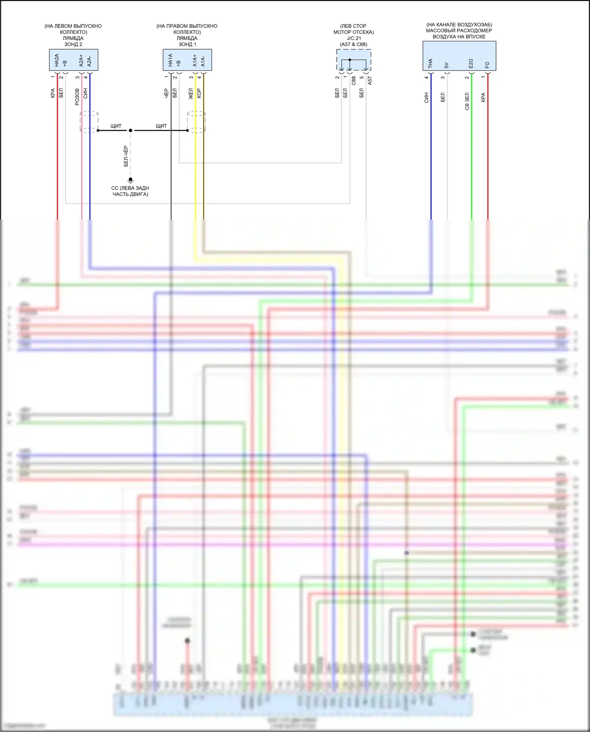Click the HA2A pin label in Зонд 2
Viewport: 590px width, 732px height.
[x=57, y=60]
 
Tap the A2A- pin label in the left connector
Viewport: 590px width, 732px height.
[x=90, y=61]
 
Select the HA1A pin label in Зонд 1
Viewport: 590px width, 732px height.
[x=171, y=60]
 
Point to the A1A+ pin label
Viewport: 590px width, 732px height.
[x=195, y=61]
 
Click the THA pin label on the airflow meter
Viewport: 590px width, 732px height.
[x=431, y=63]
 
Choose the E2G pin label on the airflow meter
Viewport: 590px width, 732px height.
[x=471, y=63]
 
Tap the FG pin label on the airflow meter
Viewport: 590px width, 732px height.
[x=487, y=65]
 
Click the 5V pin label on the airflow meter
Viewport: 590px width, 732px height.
[x=447, y=65]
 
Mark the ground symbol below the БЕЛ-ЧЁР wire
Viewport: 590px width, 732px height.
[x=131, y=180]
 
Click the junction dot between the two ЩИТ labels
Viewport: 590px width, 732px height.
[x=131, y=130]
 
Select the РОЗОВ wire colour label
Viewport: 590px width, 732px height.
[x=77, y=96]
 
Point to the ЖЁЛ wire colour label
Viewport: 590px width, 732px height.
[x=191, y=94]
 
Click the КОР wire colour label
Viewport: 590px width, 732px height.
[x=199, y=93]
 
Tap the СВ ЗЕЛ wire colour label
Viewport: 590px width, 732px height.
[x=467, y=101]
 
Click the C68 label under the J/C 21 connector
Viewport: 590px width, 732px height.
[x=354, y=81]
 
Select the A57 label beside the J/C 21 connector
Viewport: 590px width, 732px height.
[x=370, y=81]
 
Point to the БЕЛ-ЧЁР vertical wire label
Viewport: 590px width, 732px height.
[x=126, y=156]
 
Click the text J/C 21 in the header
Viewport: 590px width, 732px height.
[x=354, y=38]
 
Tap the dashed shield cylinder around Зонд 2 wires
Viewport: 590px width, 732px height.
[x=89, y=122]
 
